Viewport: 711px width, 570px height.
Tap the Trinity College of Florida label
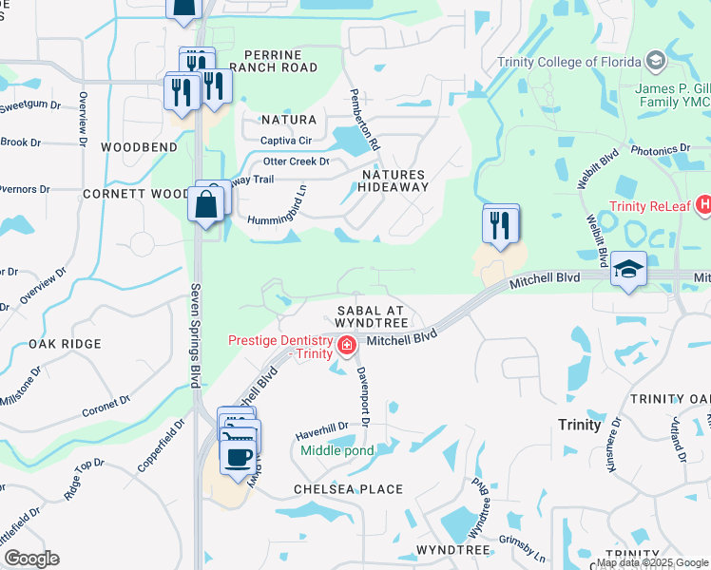(x=569, y=63)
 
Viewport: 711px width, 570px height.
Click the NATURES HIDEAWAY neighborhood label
(x=393, y=180)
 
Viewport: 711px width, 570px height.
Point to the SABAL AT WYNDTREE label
(x=372, y=317)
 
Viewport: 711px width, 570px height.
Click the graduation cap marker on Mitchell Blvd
(x=628, y=272)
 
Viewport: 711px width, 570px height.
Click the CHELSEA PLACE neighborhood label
(x=348, y=489)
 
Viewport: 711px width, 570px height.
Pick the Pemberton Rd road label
(x=365, y=119)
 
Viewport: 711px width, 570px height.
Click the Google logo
(x=31, y=559)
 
